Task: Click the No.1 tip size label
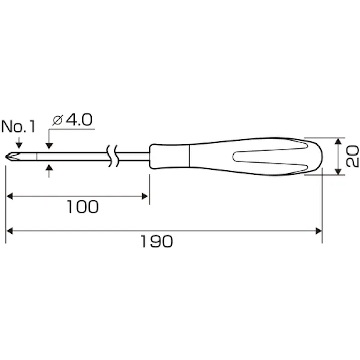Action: tap(18, 126)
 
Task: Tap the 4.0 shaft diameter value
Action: tap(79, 119)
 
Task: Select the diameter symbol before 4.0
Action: tap(58, 120)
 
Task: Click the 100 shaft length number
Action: tap(83, 207)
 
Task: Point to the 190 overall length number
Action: tap(157, 241)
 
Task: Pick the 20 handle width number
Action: tap(352, 157)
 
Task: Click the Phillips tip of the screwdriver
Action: tap(13, 157)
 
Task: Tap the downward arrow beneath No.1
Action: tap(19, 143)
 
